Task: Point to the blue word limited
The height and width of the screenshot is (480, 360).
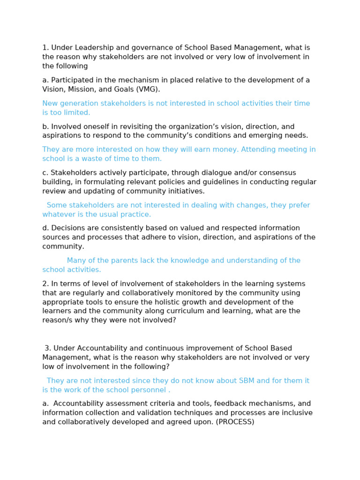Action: coord(75,112)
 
